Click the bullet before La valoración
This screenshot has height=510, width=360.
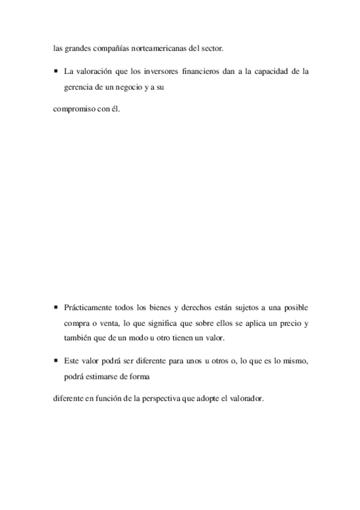tap(55, 71)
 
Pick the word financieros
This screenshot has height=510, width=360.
tap(201, 71)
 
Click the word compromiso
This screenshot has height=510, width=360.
tap(74, 110)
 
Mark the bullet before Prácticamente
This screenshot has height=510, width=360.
tap(55, 307)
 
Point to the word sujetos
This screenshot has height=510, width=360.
tap(250, 307)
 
